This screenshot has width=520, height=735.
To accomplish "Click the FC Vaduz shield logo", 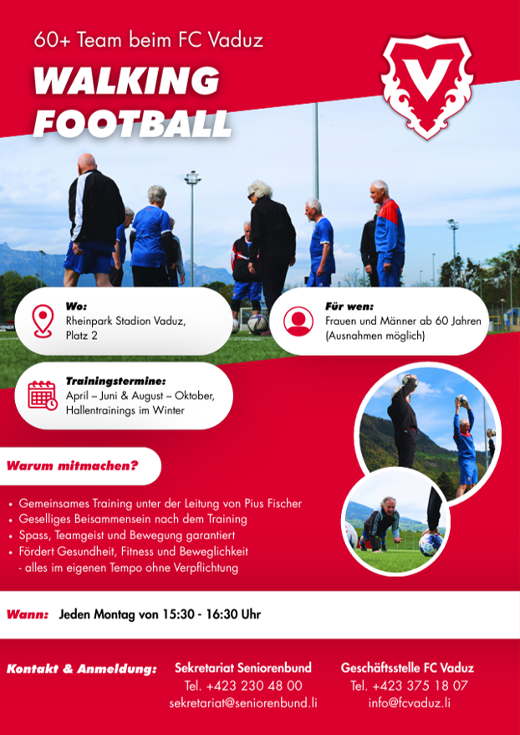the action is tap(426, 86).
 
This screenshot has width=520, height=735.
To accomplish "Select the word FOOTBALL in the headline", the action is tap(132, 123).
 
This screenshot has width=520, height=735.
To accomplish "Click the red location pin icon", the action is tap(43, 321).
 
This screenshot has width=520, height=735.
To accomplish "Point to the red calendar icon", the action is tap(43, 395).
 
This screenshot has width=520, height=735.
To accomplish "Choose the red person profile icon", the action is tap(298, 321).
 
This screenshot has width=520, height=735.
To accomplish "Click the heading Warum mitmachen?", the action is tap(73, 466).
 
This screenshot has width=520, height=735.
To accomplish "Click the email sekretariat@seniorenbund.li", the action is tap(243, 703).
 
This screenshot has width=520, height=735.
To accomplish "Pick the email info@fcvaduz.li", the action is tap(410, 703).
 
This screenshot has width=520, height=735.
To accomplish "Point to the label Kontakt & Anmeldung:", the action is tap(81, 669).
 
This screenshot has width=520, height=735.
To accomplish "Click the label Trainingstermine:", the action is tap(115, 381).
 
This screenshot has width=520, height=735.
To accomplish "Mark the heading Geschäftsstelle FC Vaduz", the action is tap(407, 668).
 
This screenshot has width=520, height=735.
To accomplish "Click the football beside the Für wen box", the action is tap(257, 323).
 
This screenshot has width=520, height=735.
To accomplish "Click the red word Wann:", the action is tap(28, 614).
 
